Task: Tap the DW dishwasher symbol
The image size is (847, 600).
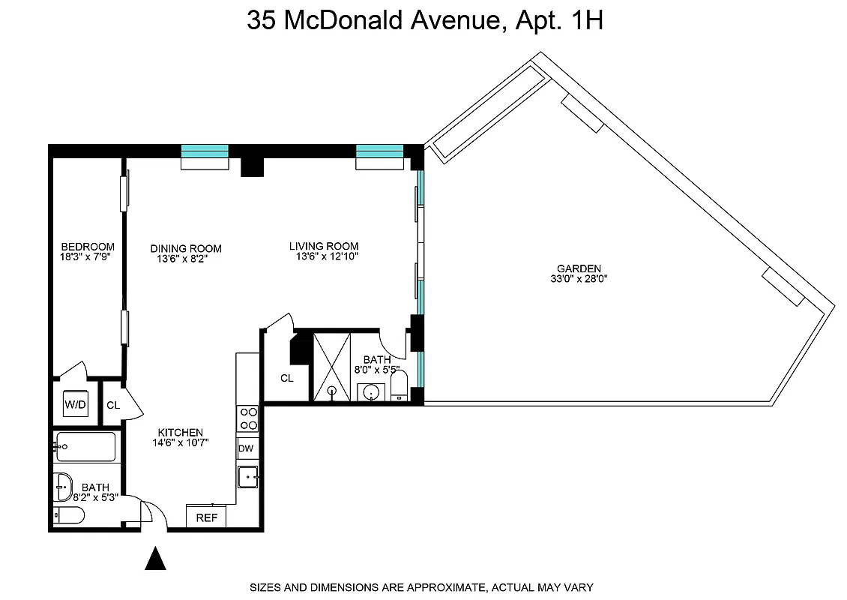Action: coord(246,448)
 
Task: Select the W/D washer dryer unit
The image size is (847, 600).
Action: coord(75,406)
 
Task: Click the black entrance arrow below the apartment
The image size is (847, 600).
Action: coord(155,559)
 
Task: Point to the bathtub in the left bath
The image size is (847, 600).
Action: coord(85,447)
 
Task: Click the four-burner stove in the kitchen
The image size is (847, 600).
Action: coord(247,418)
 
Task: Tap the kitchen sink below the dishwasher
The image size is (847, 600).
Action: coord(247,476)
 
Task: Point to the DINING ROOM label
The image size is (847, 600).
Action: coord(186,249)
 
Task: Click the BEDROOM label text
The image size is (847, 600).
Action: coord(88,247)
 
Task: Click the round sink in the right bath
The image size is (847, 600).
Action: coord(370,391)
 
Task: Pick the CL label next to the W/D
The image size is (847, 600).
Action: coord(113,406)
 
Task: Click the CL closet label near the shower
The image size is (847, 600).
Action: coord(287,378)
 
